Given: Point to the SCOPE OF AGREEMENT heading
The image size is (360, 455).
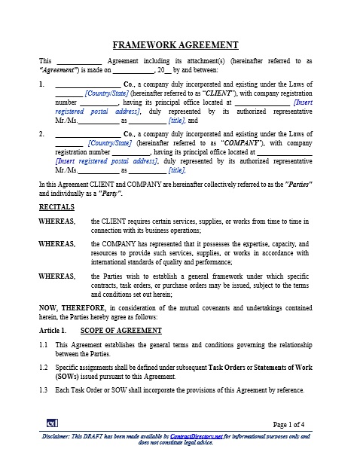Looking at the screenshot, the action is tap(120, 331).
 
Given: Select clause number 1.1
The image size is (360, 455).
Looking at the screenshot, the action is tap(44, 345).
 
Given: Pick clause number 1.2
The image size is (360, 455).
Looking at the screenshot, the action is tap(44, 366).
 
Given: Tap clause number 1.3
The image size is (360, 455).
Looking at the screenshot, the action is tap(44, 389).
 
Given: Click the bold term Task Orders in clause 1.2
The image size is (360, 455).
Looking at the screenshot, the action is tap(230, 366).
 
